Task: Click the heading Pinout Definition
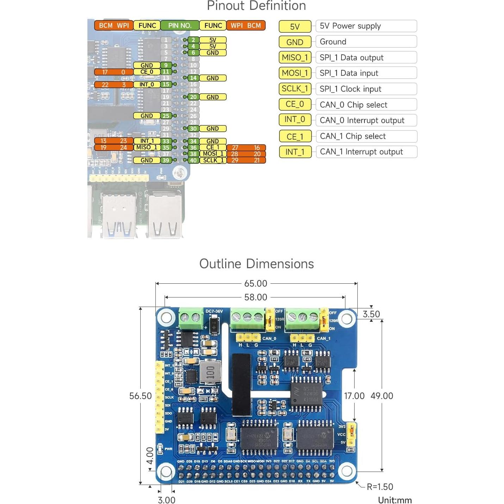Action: [x=256, y=6]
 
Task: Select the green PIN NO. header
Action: [x=180, y=25]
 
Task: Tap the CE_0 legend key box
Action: [x=295, y=104]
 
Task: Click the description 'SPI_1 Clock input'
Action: [x=366, y=89]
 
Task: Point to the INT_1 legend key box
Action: [x=295, y=152]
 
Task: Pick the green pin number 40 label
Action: [x=193, y=160]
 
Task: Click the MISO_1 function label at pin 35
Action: [x=146, y=147]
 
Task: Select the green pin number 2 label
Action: [x=193, y=40]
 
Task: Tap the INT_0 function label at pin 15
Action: [x=146, y=85]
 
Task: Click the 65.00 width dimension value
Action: [x=256, y=283]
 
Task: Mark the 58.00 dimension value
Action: [x=256, y=297]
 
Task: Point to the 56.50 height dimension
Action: [x=140, y=396]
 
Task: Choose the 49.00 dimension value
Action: [x=382, y=396]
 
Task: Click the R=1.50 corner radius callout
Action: [x=380, y=487]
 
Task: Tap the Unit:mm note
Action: [x=395, y=500]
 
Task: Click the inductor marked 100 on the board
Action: [x=210, y=372]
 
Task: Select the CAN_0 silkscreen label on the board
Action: [x=269, y=339]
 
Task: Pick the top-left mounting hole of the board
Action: [x=166, y=318]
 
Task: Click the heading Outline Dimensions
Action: [x=256, y=264]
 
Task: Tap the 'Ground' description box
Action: [x=366, y=42]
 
